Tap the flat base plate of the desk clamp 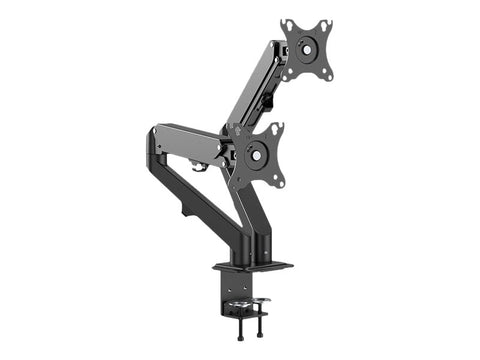tap(252, 265)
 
